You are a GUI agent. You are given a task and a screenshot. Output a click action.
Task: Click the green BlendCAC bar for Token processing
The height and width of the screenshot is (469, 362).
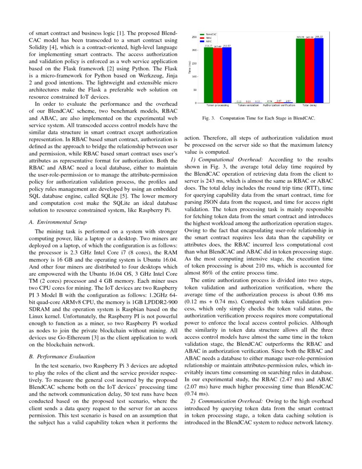pyautogui.click(x=208, y=75)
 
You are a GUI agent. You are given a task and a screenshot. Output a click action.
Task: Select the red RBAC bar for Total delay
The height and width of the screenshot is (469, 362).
pyautogui.click(x=310, y=71)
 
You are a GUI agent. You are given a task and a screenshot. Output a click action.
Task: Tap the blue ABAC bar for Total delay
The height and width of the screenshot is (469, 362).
pyautogui.click(x=319, y=70)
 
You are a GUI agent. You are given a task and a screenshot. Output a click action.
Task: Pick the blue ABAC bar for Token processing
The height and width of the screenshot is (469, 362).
pyautogui.click(x=227, y=75)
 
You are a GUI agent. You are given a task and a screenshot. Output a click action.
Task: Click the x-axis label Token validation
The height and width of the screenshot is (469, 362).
pyautogui.click(x=248, y=105)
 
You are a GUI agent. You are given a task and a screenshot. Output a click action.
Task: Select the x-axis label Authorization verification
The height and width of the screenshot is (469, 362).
pyautogui.click(x=279, y=105)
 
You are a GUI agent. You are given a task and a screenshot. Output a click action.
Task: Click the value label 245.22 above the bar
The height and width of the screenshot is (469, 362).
pyautogui.click(x=319, y=37)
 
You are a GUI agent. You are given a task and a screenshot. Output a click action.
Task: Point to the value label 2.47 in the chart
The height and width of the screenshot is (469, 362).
pyautogui.click(x=279, y=101)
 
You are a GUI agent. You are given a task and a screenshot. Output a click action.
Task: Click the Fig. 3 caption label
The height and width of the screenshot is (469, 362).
pyautogui.click(x=210, y=118)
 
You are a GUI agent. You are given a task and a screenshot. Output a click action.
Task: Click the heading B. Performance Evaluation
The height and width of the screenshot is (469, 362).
pyautogui.click(x=61, y=356)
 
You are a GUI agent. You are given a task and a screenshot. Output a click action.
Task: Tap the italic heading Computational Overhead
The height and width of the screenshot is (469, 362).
pyautogui.click(x=227, y=159)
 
